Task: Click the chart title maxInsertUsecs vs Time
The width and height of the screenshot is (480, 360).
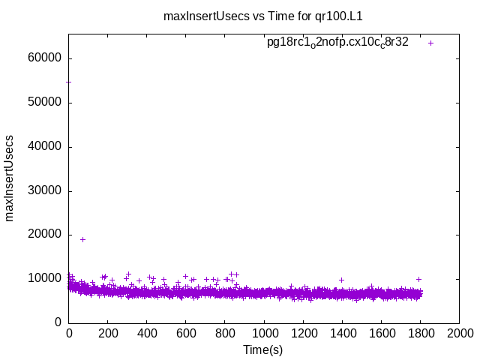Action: click(x=268, y=16)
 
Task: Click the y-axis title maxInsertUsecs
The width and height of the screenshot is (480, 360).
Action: click(x=10, y=178)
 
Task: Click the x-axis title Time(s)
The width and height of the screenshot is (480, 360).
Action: click(x=263, y=349)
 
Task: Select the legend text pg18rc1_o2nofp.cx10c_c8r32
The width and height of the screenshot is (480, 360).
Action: click(x=337, y=43)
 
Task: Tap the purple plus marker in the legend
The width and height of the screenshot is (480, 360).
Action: click(x=430, y=43)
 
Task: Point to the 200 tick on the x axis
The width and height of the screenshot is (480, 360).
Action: click(x=108, y=333)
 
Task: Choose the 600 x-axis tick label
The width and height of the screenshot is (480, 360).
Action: click(x=186, y=333)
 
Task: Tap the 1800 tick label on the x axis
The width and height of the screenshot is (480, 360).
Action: click(x=420, y=333)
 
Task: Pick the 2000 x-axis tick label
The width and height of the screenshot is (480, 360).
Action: click(x=459, y=333)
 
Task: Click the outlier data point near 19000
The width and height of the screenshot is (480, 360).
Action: click(x=82, y=239)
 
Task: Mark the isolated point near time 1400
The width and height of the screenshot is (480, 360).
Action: click(x=341, y=280)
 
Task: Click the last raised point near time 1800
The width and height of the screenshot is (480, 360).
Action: click(x=418, y=279)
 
